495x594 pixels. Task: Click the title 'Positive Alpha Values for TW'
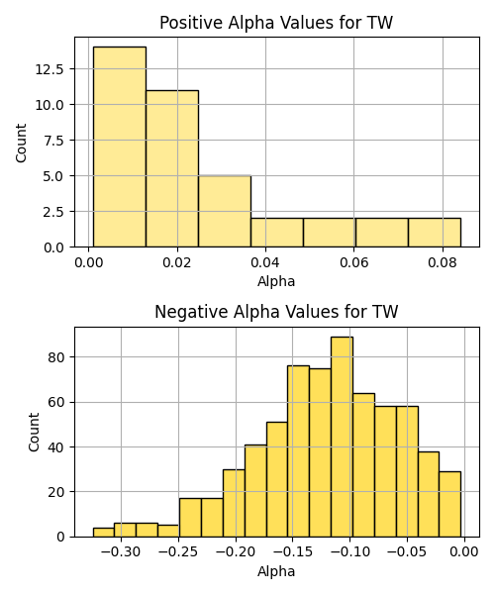pos(276,23)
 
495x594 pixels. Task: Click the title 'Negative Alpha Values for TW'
pos(276,312)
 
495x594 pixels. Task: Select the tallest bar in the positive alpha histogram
pos(120,147)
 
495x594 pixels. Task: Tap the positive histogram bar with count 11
pos(172,168)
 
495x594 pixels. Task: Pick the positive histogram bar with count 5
pos(225,212)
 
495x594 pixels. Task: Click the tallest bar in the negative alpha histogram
pos(342,437)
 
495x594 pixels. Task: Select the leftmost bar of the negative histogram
pos(104,533)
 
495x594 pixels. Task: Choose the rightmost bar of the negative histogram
pos(450,504)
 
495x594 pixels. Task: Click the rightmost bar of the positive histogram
pos(435,233)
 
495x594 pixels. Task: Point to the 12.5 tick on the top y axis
pos(49,69)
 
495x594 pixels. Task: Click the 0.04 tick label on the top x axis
pos(265,262)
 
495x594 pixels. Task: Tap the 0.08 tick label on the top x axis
pos(443,262)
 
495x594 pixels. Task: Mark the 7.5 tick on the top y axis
pos(53,141)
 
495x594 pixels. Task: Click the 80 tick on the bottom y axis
pos(55,357)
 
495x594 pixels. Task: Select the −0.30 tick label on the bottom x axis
pos(121,552)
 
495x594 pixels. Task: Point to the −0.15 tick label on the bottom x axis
pos(293,552)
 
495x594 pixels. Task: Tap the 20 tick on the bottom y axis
pos(55,492)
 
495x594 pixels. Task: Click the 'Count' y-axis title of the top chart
pos(22,143)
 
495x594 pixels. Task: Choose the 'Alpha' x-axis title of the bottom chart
pos(276,571)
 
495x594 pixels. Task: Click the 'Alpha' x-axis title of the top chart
pos(276,282)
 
